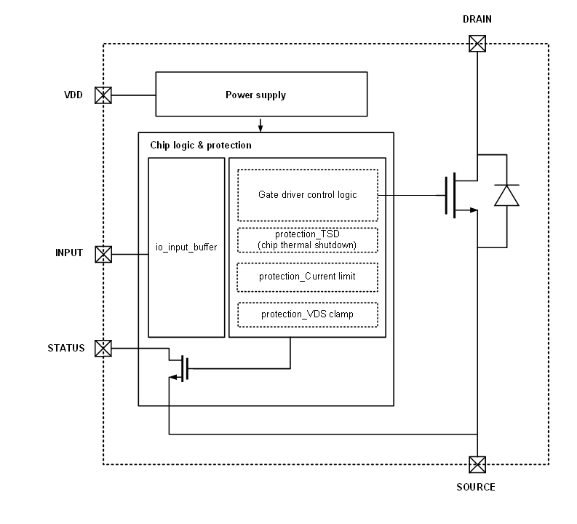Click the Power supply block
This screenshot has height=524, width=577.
coord(255,95)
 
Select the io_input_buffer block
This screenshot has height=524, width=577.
coord(186,247)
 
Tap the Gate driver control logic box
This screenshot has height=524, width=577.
coord(308,195)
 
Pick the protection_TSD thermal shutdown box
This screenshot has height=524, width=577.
coord(308,239)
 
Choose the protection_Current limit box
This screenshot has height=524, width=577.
coord(308,277)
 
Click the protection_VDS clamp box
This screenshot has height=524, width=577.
coord(308,314)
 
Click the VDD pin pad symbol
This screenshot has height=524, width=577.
coord(104,95)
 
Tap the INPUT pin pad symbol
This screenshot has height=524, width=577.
coord(104,254)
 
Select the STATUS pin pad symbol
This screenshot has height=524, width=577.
coord(104,348)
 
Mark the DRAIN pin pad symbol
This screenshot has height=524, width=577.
coord(477,44)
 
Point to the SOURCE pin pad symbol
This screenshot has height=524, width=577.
coord(477,464)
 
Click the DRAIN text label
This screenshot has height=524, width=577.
coord(477,20)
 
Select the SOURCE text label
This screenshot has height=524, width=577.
coord(477,487)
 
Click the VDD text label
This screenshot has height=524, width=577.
coord(73,95)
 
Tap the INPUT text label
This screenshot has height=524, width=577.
coord(69,254)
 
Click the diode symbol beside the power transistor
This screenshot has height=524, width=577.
coord(507,195)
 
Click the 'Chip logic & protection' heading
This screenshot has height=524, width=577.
coord(201,146)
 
